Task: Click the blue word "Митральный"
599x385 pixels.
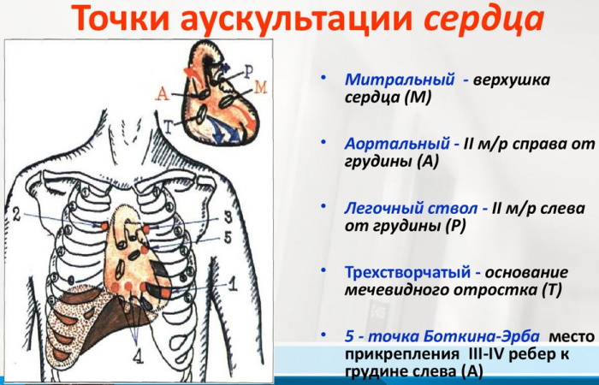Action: (399, 80)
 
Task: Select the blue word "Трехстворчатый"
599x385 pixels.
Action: (408, 272)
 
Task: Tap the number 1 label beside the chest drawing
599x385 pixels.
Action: (231, 287)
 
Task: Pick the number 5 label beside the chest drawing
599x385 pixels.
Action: (228, 237)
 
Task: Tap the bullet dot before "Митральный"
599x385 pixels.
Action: (323, 77)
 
